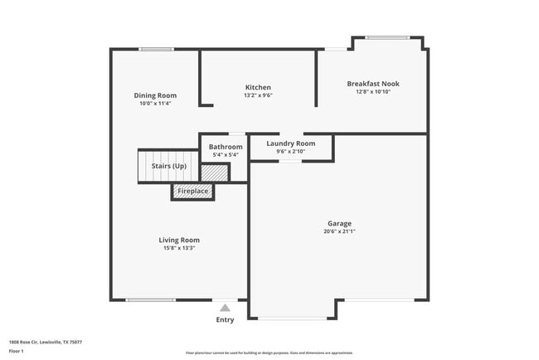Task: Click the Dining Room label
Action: tap(155, 95)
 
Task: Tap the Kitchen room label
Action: tap(258, 87)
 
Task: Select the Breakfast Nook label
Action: tap(372, 84)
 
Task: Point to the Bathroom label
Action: tap(226, 147)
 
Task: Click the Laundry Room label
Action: tap(290, 144)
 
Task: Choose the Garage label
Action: tap(339, 223)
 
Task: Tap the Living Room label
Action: tap(179, 240)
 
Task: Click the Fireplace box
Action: tap(193, 192)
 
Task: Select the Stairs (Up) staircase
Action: tap(168, 167)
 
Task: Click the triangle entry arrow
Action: tap(225, 308)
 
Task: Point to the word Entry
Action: tap(225, 319)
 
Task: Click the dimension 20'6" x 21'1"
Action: tap(339, 231)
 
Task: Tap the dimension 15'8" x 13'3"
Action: tap(179, 248)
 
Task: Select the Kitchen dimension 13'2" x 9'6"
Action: tap(258, 95)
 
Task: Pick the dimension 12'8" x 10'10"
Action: tap(372, 92)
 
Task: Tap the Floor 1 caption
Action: tap(17, 352)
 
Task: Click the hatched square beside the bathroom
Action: tap(214, 173)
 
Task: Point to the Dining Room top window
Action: tap(155, 50)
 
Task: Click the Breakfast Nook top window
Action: tap(387, 37)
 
